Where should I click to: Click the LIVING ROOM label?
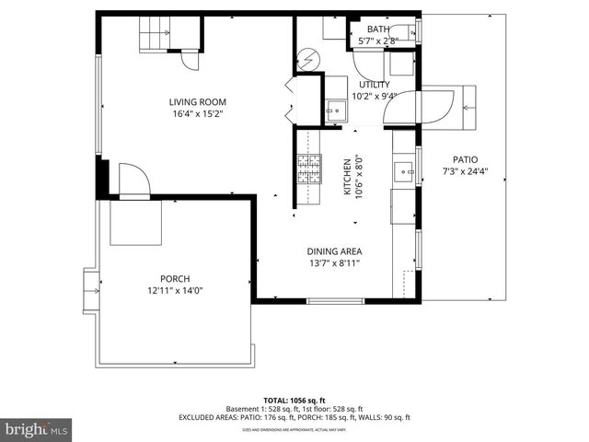pyautogui.click(x=197, y=102)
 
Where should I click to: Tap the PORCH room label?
pyautogui.click(x=175, y=279)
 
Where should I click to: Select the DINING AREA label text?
pyautogui.click(x=334, y=251)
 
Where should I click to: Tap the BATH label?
pyautogui.click(x=378, y=29)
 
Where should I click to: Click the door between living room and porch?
pyautogui.click(x=133, y=181)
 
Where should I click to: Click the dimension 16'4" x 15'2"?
pyautogui.click(x=197, y=114)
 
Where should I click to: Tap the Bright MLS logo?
pyautogui.click(x=37, y=428)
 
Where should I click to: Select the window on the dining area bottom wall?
pyautogui.click(x=335, y=301)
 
